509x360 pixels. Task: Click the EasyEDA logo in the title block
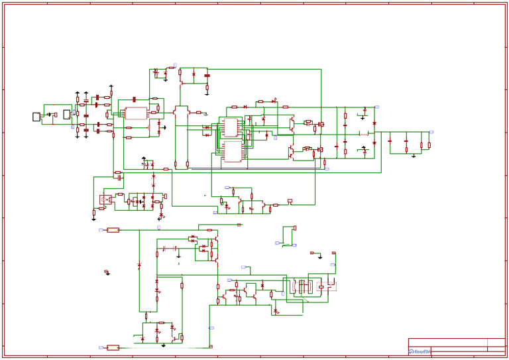[419, 351]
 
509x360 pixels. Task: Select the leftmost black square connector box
[36, 117]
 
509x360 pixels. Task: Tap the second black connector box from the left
[66, 115]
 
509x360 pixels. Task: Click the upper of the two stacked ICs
[231, 127]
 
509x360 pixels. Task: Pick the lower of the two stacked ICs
[233, 151]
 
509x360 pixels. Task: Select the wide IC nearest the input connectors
[136, 113]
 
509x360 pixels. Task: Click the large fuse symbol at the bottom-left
[113, 347]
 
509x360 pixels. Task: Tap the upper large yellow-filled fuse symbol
[113, 230]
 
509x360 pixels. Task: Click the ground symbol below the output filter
[414, 156]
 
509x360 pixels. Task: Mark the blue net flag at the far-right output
[431, 132]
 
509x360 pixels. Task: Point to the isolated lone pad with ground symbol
[106, 272]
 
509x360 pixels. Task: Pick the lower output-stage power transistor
[292, 152]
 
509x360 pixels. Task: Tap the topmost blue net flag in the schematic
[175, 65]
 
